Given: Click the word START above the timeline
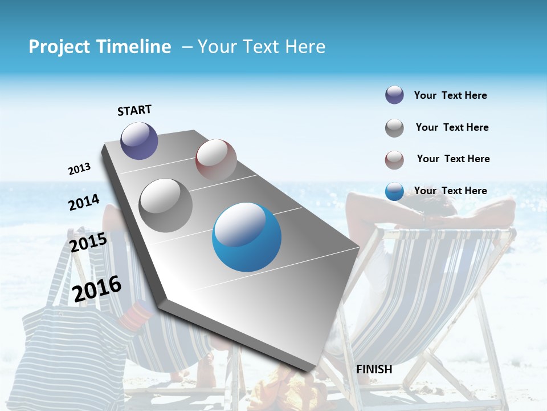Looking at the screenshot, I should pos(134,110).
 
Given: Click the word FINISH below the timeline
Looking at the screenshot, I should pos(374,369).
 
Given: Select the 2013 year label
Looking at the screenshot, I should pos(79,169).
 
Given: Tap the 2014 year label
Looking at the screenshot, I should pos(84,202).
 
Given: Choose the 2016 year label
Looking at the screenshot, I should pos(97,288).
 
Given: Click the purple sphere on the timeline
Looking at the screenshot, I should pos(139,140).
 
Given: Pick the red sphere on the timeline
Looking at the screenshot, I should pos(216,159).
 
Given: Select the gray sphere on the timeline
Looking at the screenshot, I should pos(166,205).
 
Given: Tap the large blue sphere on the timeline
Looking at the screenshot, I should pos(247,237).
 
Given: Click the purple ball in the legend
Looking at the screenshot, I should pos(394,95).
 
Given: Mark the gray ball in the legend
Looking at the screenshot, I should pos(394,128).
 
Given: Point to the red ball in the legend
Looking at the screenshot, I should pos(394,160).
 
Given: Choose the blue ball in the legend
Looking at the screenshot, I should pos(394,191).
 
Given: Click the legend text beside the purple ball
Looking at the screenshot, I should pos(450,95).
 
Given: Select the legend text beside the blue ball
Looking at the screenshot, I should pos(450,191).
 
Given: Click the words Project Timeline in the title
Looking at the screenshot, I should pos(100,47).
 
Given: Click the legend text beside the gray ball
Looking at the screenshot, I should pos(452,127).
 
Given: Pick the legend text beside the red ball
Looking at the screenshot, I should pos(453,159).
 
